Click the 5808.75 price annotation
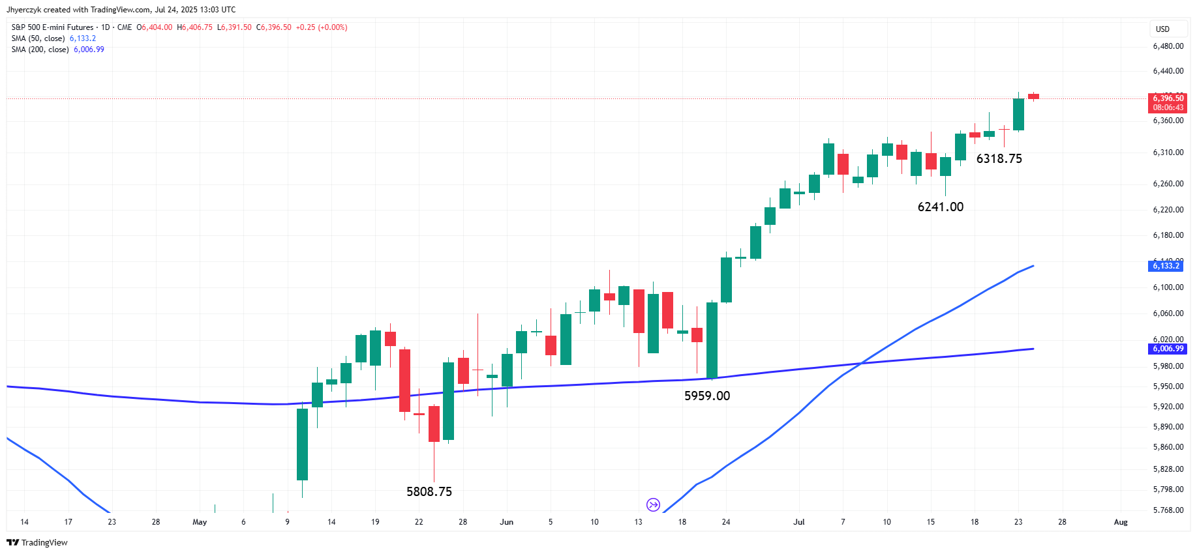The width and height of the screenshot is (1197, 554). (x=429, y=491)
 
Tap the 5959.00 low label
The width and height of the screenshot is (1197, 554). (x=706, y=396)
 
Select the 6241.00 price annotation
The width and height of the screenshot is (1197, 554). (x=940, y=207)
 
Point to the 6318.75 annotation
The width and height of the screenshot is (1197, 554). (x=999, y=158)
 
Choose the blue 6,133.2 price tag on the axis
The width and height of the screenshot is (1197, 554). (x=1165, y=266)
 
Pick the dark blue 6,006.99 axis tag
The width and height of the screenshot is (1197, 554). (x=1168, y=349)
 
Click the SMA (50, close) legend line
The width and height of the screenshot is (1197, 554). (x=53, y=38)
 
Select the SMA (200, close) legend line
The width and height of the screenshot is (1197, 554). (x=57, y=50)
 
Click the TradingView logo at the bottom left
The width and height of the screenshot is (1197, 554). (x=37, y=542)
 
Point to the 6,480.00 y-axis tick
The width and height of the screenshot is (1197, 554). (x=1168, y=46)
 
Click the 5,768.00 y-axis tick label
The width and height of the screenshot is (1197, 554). (x=1168, y=510)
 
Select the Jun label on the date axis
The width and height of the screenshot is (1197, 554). (x=506, y=522)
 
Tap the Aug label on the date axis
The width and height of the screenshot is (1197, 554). (x=1120, y=522)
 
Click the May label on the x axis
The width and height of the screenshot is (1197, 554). (x=200, y=522)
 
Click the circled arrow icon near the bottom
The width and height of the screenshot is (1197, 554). (x=653, y=504)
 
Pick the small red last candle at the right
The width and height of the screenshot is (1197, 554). (x=1033, y=96)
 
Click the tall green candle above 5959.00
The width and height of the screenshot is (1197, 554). (x=712, y=339)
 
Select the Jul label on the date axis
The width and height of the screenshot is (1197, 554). (x=798, y=522)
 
